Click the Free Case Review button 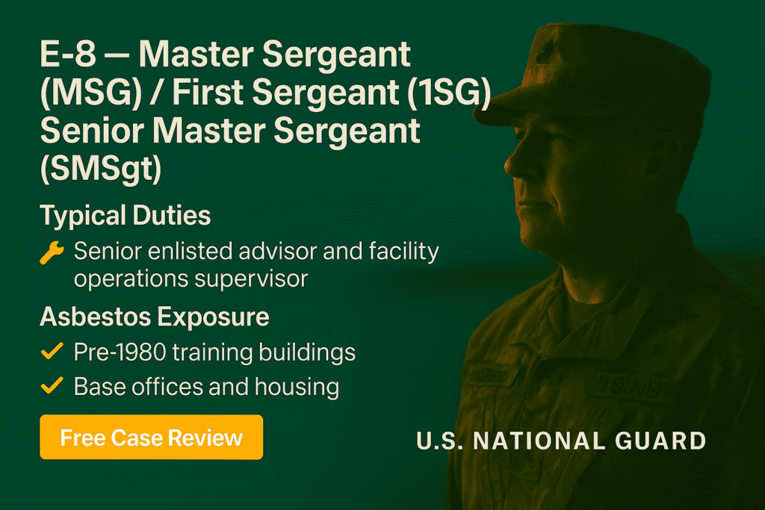point(151,437)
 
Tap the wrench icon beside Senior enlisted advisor point(52,253)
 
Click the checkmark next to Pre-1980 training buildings point(52,352)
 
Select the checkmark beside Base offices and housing point(52,386)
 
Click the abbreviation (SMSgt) point(101,167)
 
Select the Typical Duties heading point(126,216)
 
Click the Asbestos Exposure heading point(155,317)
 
